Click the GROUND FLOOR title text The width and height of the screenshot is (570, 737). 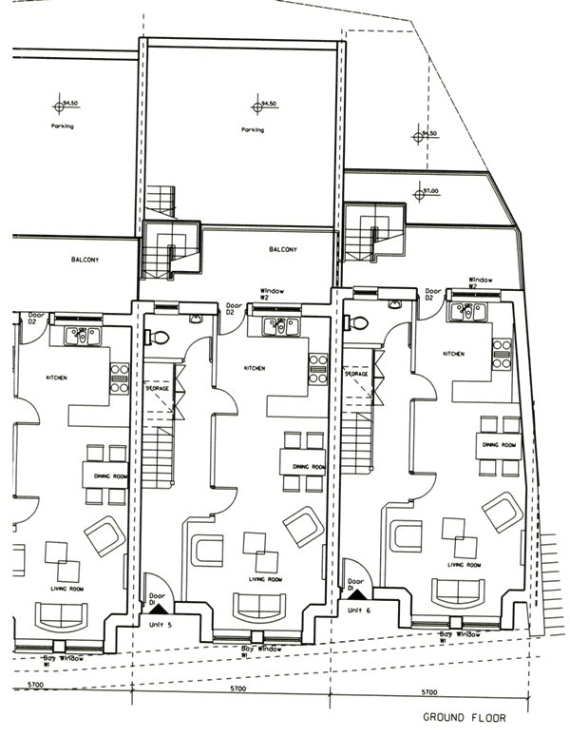(465, 719)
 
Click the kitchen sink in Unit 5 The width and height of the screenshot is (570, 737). (281, 327)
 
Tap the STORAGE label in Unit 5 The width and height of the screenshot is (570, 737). (158, 389)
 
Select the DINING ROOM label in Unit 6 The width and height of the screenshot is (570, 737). (500, 445)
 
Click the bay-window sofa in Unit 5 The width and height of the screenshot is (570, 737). (251, 606)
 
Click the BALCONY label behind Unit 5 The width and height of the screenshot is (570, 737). (283, 250)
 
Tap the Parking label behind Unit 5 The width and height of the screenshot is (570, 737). (253, 130)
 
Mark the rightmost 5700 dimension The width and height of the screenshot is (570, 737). (429, 692)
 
